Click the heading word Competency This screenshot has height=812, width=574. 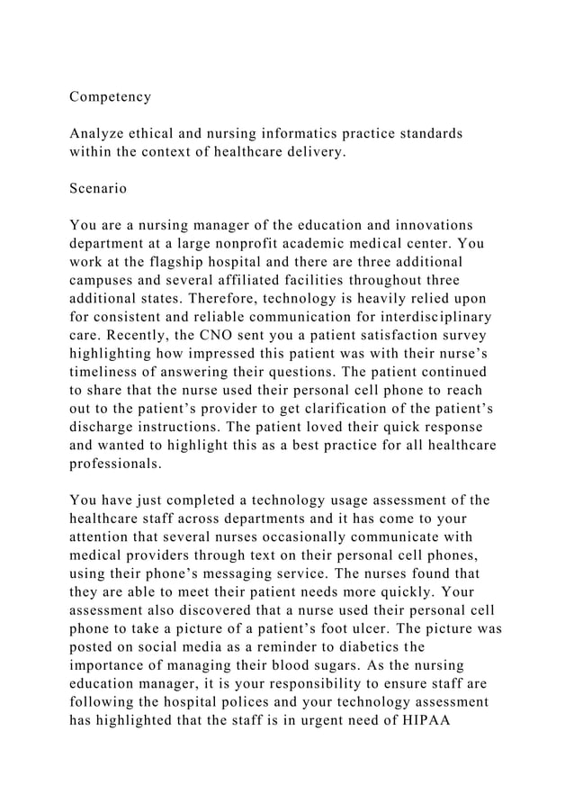(111, 95)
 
